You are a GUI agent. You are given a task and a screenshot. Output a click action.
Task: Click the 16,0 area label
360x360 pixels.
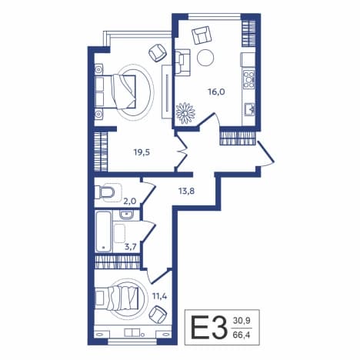point(216,92)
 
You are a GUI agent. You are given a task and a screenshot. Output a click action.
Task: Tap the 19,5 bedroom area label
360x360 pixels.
point(142,152)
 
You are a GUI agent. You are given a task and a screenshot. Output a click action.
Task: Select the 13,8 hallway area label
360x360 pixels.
point(186,191)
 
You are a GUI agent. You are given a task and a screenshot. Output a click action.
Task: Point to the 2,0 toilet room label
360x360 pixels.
point(130,202)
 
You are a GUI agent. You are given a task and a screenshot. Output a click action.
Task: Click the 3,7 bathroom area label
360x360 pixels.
point(131,247)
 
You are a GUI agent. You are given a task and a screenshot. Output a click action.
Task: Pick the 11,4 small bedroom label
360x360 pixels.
point(160,297)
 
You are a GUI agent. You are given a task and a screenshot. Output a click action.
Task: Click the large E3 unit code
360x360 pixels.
point(208,328)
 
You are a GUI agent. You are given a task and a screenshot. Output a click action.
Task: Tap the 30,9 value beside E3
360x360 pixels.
point(242,321)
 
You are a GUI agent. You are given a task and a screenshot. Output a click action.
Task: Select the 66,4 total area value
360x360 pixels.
point(242,335)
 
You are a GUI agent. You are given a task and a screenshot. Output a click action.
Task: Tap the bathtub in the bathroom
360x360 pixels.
point(104,232)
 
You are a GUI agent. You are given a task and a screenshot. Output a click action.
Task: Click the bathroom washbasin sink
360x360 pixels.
point(126,215)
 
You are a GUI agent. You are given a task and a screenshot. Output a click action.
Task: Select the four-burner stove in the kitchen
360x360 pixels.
point(248,79)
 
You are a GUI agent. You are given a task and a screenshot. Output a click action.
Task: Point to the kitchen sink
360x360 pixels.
point(249,109)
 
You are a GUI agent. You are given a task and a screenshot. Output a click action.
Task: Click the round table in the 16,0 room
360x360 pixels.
point(205,58)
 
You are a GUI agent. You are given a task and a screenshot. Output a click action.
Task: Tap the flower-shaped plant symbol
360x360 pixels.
point(185,113)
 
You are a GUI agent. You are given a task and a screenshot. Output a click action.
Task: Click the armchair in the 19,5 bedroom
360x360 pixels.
point(158,53)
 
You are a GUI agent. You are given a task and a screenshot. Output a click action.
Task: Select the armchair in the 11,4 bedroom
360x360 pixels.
point(158,315)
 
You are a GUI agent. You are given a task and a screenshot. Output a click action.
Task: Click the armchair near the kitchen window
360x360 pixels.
point(202,35)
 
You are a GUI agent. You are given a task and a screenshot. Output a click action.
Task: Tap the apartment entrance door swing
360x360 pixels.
point(266,154)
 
